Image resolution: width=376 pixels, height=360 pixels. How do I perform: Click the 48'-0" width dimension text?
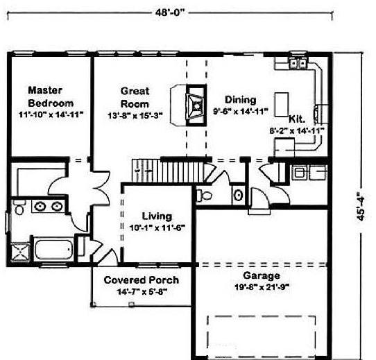(171, 12)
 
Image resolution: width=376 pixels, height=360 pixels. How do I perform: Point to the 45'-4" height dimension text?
(361, 206)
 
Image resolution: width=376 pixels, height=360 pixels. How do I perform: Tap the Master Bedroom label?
(51, 96)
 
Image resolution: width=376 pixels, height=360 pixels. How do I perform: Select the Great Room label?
(135, 97)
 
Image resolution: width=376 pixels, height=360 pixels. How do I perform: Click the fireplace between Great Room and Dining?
(196, 105)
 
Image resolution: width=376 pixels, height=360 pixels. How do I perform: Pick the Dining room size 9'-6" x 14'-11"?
(241, 111)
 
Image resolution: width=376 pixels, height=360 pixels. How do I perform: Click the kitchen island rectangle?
(281, 105)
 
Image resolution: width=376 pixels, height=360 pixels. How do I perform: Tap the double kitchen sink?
(298, 63)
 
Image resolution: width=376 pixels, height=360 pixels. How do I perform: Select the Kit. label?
(297, 119)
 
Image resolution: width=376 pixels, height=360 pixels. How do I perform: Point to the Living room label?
(157, 216)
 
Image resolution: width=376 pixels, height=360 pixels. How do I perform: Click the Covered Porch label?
(142, 280)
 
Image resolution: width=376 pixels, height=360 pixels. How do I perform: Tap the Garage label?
(262, 275)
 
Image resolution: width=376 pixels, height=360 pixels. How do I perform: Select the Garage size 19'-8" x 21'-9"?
(262, 287)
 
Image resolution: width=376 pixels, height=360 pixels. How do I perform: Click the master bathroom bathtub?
(53, 250)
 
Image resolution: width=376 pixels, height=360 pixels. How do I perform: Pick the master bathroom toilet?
(19, 207)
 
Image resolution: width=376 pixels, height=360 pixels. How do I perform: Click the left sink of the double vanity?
(40, 206)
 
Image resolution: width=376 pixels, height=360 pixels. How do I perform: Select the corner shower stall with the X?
(20, 252)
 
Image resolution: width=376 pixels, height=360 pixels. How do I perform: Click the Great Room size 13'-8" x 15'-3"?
(135, 116)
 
